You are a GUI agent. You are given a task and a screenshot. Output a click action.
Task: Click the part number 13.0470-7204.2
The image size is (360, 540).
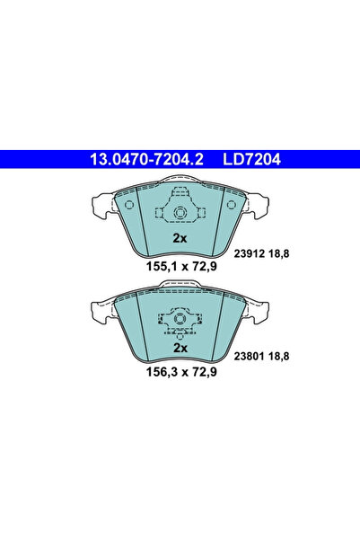(x=145, y=160)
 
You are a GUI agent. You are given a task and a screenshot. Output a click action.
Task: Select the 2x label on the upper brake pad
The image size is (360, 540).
(x=179, y=238)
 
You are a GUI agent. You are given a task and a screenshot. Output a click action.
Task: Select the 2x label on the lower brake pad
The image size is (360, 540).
(x=179, y=348)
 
